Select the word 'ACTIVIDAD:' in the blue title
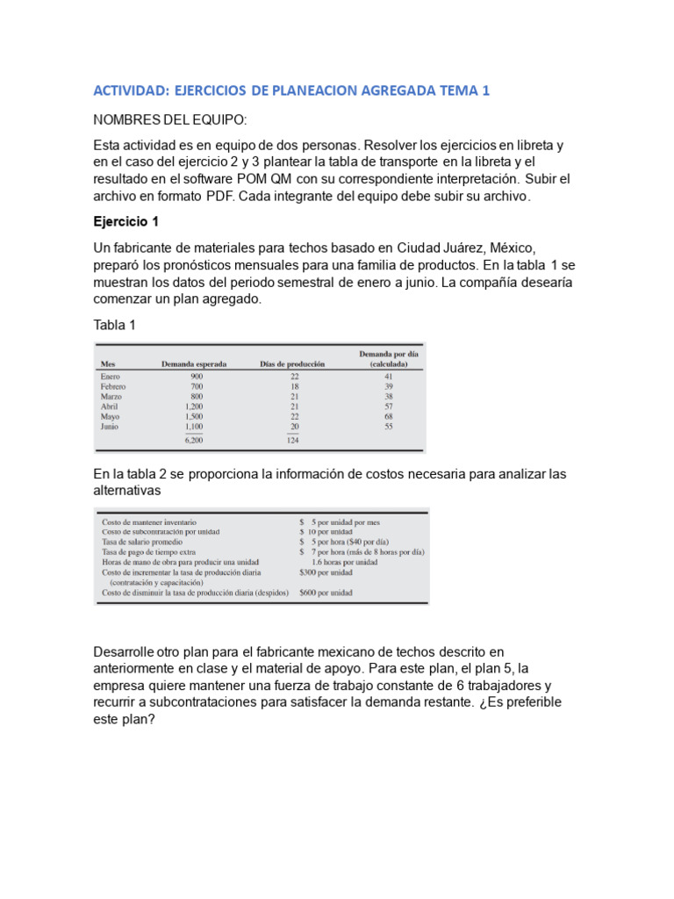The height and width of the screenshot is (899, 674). point(130,91)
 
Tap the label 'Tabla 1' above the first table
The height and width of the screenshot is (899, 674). point(115,325)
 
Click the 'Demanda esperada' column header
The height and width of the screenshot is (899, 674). point(194,363)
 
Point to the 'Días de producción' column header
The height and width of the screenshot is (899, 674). point(293,363)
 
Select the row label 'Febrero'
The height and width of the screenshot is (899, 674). point(114,386)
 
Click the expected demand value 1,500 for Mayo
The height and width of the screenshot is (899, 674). point(194,417)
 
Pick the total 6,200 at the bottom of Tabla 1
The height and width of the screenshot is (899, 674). point(194,440)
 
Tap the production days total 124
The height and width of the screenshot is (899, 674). point(293,440)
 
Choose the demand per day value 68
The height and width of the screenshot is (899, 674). point(388,417)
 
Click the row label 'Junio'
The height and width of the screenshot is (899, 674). point(111,428)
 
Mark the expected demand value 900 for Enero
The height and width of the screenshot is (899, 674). point(197,376)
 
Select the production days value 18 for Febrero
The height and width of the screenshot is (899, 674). point(295,386)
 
